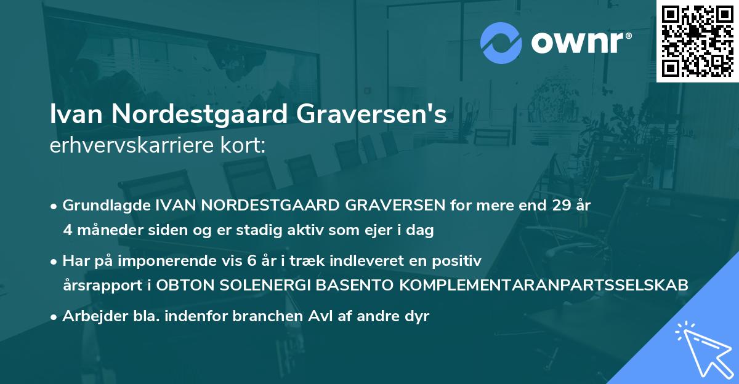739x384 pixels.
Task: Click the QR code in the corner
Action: tap(698, 41)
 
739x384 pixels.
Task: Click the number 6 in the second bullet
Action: tap(251, 261)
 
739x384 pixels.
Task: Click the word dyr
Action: tap(416, 316)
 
